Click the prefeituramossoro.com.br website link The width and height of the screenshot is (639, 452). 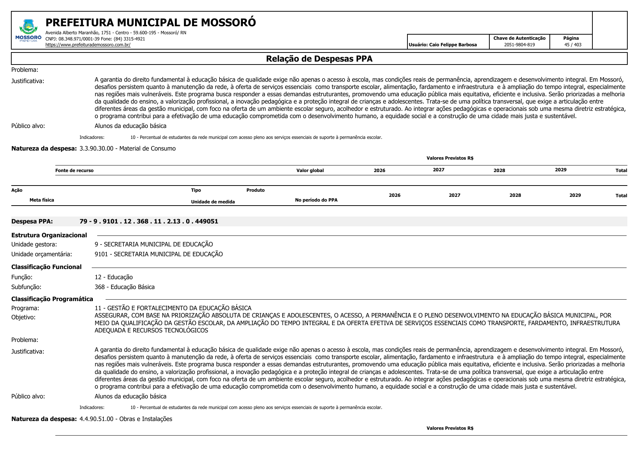pos(88,45)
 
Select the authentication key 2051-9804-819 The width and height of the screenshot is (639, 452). pos(519,45)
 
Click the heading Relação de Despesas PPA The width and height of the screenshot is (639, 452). pos(319,59)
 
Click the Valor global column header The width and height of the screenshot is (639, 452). pos(310,171)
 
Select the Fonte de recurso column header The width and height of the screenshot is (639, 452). pos(74,171)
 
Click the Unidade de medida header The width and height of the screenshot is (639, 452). pos(213,202)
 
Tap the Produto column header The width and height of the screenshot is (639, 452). pos(255,190)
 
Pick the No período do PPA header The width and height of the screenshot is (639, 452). pos(316,200)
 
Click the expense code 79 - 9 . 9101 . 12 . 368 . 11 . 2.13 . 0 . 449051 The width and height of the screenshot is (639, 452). pos(149,222)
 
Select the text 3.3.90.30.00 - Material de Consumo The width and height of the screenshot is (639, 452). pos(127,149)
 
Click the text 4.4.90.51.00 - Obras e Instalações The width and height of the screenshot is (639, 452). pos(126,419)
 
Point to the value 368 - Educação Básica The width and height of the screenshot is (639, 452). pos(125,287)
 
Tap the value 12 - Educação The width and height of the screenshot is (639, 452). pos(114,277)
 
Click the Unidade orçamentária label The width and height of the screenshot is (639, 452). pos(42,254)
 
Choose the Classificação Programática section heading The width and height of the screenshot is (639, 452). pos(52,299)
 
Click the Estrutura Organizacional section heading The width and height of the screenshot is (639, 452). pos(49,235)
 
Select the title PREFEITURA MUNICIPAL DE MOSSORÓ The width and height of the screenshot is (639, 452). pos(150,23)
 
